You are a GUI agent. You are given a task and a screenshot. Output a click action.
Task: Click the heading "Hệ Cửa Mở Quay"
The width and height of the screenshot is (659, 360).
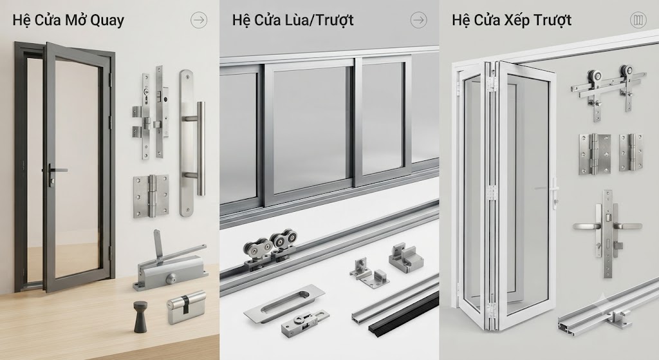(x=68, y=21)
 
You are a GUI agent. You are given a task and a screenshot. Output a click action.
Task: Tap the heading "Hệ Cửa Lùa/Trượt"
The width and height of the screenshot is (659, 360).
(x=293, y=21)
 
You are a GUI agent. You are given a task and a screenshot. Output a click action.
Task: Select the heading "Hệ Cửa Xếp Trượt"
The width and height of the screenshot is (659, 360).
(x=512, y=21)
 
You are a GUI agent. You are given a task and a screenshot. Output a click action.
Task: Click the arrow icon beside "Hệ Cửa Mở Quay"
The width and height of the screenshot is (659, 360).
(x=199, y=20)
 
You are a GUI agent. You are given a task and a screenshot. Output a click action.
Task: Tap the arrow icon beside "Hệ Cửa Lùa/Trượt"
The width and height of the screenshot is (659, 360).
(x=418, y=20)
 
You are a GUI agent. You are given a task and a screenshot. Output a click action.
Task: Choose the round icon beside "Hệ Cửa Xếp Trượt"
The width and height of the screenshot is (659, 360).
(x=638, y=20)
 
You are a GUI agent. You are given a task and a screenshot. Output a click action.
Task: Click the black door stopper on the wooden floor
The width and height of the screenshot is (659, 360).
(x=140, y=316)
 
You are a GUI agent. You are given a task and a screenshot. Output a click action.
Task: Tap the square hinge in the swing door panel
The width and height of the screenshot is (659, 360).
(x=151, y=196)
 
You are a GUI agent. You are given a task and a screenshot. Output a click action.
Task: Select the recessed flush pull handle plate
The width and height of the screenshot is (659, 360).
(x=284, y=305)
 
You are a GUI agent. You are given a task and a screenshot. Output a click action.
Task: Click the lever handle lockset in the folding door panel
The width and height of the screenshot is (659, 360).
(x=608, y=233)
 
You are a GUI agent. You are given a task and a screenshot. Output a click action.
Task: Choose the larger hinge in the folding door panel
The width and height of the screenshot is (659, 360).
(x=594, y=155)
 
